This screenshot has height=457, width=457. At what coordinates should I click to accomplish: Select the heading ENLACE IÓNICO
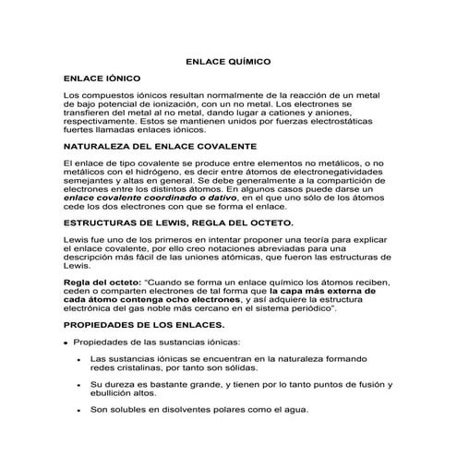[102, 80]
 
